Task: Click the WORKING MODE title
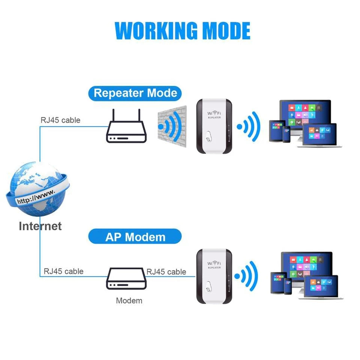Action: pos(183,31)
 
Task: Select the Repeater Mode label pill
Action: pos(135,93)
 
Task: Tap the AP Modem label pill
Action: pos(135,237)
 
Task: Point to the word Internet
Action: pos(40,226)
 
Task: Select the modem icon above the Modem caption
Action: pos(126,279)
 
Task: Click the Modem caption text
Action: pos(129,300)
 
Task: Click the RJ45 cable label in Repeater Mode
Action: pos(60,120)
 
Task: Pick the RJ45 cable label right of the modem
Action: pos(166,271)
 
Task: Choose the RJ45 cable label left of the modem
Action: pos(63,271)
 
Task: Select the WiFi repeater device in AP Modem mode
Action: pos(214,277)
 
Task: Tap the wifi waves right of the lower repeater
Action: pos(247,277)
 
